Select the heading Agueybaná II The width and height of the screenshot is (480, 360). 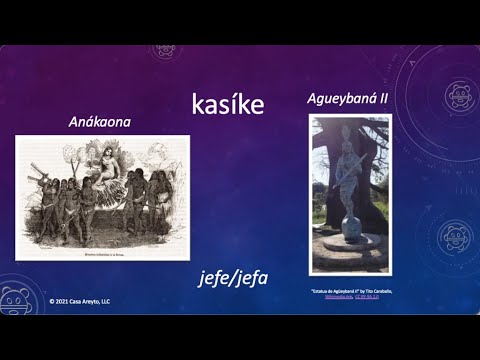[350, 100]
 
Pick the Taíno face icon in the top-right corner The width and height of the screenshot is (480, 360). [459, 93]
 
